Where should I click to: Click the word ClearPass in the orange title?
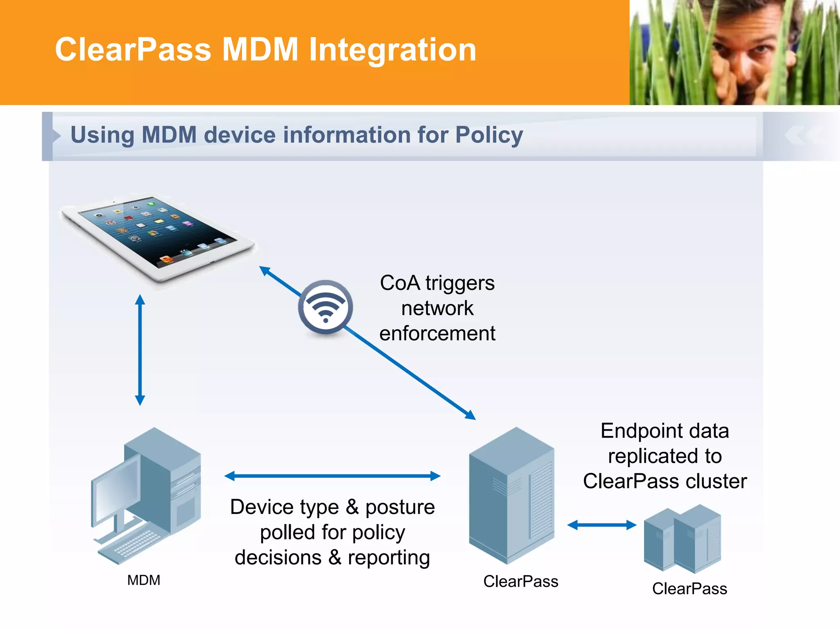[133, 50]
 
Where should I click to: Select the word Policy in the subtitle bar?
[489, 135]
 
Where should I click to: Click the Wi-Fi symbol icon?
[325, 307]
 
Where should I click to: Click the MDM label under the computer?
[144, 580]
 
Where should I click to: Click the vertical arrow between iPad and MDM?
[140, 350]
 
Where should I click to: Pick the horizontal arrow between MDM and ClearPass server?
[332, 476]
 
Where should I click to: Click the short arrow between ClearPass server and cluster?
[602, 525]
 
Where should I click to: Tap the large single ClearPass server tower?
[511, 496]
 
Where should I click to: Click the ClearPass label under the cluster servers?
[689, 589]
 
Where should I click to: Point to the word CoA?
[400, 283]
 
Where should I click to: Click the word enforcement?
[437, 333]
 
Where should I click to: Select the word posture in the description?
[400, 507]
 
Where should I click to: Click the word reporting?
[389, 557]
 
